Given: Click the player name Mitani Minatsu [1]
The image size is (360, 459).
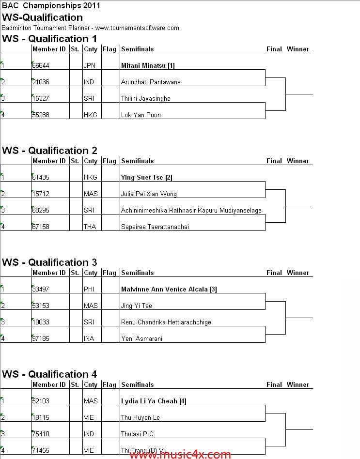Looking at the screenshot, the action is [x=148, y=65].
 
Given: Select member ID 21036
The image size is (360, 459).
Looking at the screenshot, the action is [x=41, y=82].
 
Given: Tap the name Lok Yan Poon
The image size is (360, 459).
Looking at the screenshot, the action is [x=141, y=115].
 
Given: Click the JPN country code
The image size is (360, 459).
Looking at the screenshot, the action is [x=89, y=65].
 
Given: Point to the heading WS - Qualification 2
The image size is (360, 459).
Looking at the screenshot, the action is [x=49, y=151].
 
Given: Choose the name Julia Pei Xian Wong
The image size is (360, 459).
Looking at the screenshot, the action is [x=149, y=194].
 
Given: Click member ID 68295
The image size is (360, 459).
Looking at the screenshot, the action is [x=41, y=210].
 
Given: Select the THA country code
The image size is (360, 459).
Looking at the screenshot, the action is [x=90, y=227].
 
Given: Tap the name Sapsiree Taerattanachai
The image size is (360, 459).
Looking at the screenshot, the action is [x=155, y=227].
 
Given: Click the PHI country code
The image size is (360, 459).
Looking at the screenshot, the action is [x=89, y=289].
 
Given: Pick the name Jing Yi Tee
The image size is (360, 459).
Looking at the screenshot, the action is [x=137, y=306].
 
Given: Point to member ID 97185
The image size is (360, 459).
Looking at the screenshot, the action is [x=41, y=338].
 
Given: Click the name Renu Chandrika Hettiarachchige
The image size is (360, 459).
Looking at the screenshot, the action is [x=166, y=322].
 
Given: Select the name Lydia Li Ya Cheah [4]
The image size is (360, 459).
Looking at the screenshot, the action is [x=154, y=401].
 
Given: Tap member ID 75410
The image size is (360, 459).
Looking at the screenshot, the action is [x=41, y=434].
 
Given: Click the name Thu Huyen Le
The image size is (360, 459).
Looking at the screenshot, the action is [x=141, y=417].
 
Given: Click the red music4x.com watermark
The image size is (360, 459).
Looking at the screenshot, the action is [x=180, y=454].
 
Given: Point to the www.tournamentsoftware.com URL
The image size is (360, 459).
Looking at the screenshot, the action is [x=137, y=28].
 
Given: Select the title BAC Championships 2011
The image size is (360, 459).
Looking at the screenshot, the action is [x=51, y=5].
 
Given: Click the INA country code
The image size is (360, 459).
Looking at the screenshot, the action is [x=89, y=338].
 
